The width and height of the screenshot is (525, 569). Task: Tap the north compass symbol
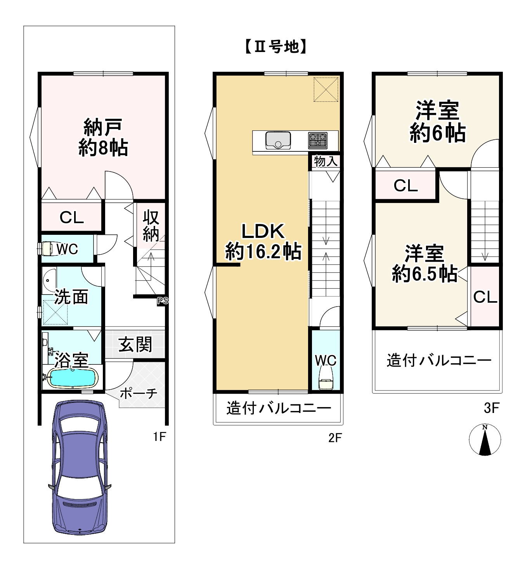click(x=485, y=440)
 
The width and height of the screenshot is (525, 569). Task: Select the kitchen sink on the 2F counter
click(x=278, y=140)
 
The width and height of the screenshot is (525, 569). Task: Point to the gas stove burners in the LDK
click(x=318, y=140)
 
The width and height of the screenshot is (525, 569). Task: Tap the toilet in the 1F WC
click(x=47, y=248)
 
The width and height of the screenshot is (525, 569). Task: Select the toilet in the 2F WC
click(x=325, y=378)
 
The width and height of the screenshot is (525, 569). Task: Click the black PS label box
click(x=163, y=300)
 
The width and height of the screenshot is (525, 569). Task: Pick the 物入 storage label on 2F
click(x=326, y=161)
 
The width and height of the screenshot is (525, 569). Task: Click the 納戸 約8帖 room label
click(x=103, y=137)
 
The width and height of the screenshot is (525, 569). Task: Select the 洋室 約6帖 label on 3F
click(x=437, y=121)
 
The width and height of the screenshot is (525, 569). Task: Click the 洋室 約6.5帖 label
click(x=424, y=263)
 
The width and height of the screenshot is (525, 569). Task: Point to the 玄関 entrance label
click(x=135, y=344)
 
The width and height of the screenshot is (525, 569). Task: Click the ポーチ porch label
click(x=138, y=393)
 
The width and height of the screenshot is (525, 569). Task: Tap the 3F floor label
click(x=491, y=408)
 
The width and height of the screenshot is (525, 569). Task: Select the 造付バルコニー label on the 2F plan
click(x=279, y=408)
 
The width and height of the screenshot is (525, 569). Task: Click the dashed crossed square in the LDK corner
click(x=326, y=89)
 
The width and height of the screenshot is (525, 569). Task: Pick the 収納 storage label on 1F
click(x=151, y=226)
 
